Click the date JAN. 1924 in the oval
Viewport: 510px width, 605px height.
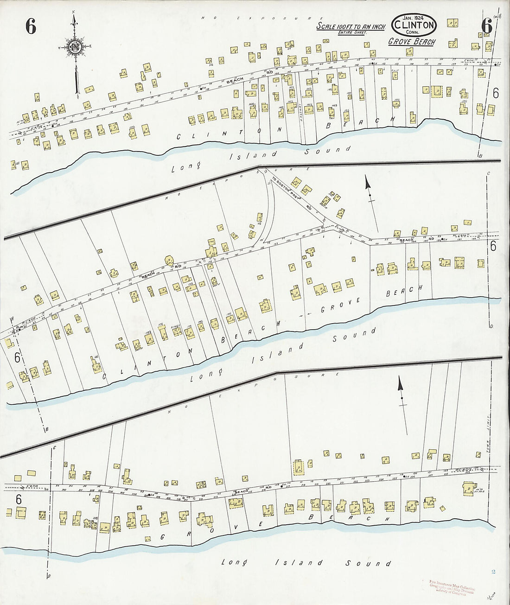click(414, 18)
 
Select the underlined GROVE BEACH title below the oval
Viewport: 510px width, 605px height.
click(412, 42)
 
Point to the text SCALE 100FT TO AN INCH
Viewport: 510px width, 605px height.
click(351, 27)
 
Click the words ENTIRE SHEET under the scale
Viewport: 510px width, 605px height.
click(352, 33)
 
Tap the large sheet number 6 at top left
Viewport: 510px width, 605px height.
click(31, 27)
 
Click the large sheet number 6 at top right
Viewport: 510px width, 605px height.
click(486, 26)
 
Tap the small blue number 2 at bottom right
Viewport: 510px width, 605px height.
click(493, 572)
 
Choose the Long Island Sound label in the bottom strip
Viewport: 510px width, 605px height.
click(306, 563)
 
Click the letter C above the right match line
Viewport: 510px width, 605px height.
click(488, 173)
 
